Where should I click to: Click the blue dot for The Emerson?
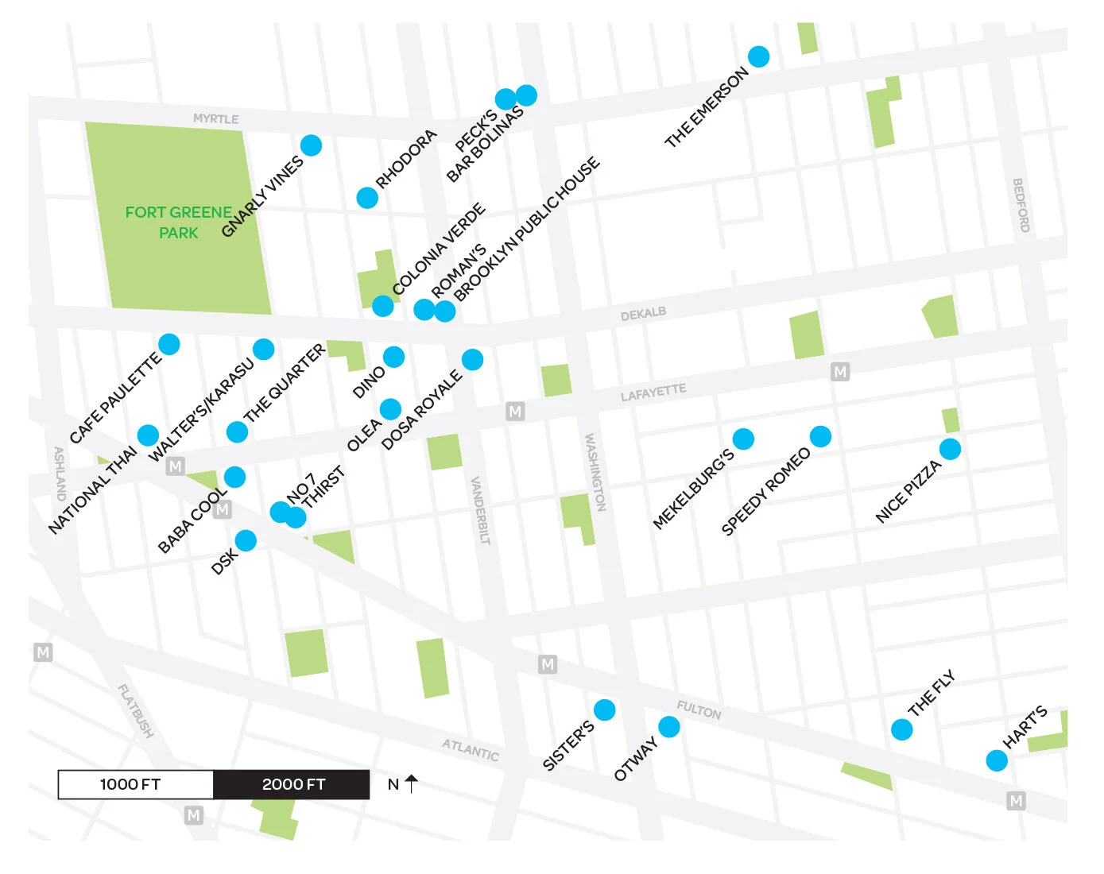pos(758,56)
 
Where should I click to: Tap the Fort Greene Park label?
pos(179,222)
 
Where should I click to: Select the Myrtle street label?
pos(215,118)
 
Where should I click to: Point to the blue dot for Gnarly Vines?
pos(311,145)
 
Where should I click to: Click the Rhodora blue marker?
pos(366,197)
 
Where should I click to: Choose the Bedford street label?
pos(1021,205)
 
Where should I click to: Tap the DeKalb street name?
pos(643,314)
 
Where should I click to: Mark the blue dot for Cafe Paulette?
pos(169,344)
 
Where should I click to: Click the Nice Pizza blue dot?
pos(950,449)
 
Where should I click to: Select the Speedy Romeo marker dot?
pos(820,436)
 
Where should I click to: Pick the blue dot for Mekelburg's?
pos(743,439)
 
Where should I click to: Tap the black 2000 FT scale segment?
pos(292,784)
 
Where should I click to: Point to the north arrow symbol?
pos(411,784)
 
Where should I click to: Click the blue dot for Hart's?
pos(997,760)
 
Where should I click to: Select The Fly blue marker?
pos(901,729)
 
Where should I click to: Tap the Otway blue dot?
pos(669,726)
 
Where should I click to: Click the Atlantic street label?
pos(471,749)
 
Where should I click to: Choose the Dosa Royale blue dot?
pos(472,360)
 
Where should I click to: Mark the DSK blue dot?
pos(246,540)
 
